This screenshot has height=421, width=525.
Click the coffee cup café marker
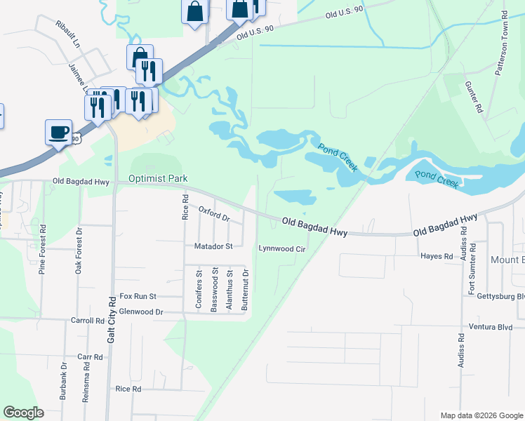click(58, 131)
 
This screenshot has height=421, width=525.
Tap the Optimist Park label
click(158, 179)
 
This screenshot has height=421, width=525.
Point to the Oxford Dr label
click(214, 213)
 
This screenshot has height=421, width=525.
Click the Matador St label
click(213, 247)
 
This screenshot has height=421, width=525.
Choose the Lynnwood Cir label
click(282, 248)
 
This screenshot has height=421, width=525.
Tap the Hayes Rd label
click(437, 257)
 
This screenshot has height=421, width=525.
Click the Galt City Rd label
click(111, 319)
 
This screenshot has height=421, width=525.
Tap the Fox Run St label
click(138, 297)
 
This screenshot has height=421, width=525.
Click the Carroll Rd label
click(87, 320)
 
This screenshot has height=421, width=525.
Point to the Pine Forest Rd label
click(42, 249)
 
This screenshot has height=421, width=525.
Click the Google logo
click(23, 413)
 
